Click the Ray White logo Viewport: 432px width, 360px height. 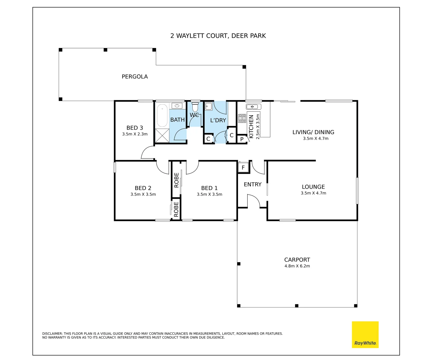[x=365, y=334]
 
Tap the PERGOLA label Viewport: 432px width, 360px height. [x=134, y=77]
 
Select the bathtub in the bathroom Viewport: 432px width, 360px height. [x=162, y=115]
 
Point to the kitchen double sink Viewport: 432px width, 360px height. [x=253, y=107]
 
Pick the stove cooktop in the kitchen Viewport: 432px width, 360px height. [x=242, y=118]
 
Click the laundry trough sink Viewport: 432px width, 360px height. [x=208, y=106]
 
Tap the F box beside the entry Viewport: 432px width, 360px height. [x=243, y=167]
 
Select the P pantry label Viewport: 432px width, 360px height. [x=242, y=139]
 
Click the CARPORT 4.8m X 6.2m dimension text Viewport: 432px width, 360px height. [x=297, y=266]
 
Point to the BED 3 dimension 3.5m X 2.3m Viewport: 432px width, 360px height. [x=135, y=134]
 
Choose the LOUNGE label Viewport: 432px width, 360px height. [x=313, y=187]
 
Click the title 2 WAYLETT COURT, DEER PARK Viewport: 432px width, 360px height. [x=218, y=36]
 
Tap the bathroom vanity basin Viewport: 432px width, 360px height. [x=177, y=106]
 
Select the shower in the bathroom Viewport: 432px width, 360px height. [x=162, y=136]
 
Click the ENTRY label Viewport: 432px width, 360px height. [x=253, y=184]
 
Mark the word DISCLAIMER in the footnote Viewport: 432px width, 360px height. [x=52, y=334]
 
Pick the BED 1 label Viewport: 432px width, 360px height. [x=209, y=188]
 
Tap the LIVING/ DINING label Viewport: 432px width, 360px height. [x=313, y=132]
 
